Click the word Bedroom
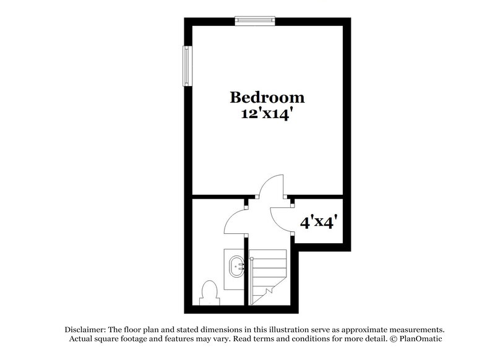tap(267, 97)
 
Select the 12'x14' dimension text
tap(267, 114)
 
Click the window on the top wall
tap(254, 21)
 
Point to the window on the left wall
tap(186, 66)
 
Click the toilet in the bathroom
tap(209, 291)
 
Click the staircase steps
tap(269, 266)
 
